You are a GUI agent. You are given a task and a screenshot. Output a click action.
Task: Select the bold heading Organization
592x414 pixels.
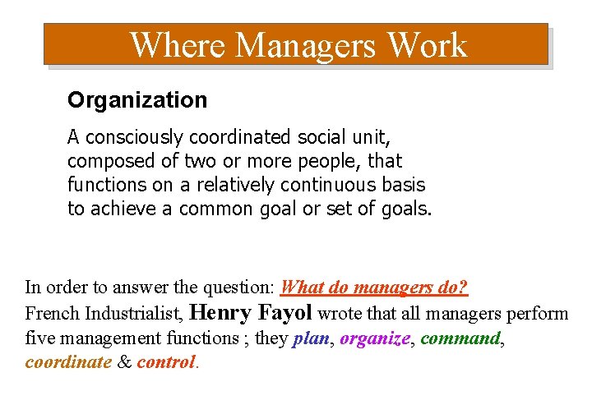coord(137,100)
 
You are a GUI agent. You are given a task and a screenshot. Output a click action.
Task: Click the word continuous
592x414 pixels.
coord(331,185)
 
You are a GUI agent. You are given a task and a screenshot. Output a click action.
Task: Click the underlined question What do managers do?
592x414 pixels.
coord(374,287)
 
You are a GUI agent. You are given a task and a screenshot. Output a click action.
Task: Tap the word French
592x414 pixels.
coord(52,314)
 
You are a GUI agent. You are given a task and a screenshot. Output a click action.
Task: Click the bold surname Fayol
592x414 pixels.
coord(284,312)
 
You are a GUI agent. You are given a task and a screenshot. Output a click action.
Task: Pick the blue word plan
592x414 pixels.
coord(311,338)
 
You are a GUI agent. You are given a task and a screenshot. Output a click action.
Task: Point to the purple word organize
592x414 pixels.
coord(374,338)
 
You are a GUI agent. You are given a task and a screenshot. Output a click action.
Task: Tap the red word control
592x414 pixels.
coord(166,362)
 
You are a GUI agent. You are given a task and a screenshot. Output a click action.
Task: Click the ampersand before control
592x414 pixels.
coord(124,362)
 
